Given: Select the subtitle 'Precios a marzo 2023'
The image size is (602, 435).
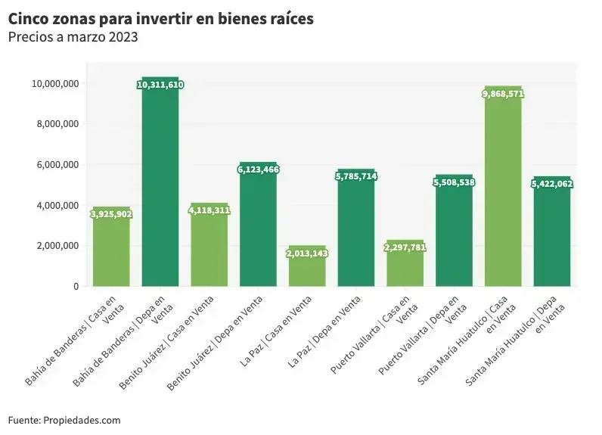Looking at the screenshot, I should [x=73, y=36].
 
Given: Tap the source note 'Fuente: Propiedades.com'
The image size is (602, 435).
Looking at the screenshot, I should [x=64, y=420].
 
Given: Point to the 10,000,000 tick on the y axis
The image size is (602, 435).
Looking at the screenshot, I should [x=54, y=83].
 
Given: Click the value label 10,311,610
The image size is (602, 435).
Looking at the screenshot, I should [x=160, y=85].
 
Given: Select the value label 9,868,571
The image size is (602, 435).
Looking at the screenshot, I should [x=503, y=94].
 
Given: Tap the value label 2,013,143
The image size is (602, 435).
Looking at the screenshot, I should [x=307, y=253].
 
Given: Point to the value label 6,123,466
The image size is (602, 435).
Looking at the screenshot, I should [x=259, y=169].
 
